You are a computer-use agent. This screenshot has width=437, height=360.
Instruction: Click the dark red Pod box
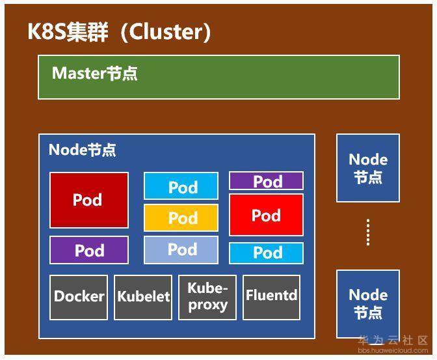[x=89, y=200]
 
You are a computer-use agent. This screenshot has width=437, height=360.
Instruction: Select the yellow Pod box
[x=181, y=218]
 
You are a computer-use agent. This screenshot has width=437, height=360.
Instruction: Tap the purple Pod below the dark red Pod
[x=89, y=250]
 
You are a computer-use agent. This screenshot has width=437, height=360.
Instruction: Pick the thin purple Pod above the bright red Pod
[x=266, y=181]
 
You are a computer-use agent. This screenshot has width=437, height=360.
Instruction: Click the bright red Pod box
[x=266, y=215]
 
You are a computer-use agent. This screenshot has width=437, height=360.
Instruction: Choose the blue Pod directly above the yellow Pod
[x=181, y=187]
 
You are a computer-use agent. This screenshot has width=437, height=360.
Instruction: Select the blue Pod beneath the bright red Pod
[x=266, y=253]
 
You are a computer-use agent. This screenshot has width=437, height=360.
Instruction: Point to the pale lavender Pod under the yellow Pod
[x=181, y=249]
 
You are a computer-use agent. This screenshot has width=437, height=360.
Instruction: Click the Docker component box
[x=79, y=297]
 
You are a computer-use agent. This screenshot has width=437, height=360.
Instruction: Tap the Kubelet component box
[x=143, y=297]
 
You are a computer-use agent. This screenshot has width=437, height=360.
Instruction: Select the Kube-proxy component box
[x=207, y=297]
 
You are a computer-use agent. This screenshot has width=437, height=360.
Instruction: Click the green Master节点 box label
[x=95, y=74]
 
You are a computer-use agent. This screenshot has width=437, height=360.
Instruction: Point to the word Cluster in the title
[x=170, y=32]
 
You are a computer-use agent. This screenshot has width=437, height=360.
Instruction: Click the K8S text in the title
[x=46, y=32]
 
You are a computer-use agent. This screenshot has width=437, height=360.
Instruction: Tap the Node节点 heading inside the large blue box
[x=83, y=150]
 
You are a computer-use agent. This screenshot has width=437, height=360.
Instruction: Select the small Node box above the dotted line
[x=367, y=168]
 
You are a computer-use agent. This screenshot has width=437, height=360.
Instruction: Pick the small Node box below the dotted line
[x=367, y=303]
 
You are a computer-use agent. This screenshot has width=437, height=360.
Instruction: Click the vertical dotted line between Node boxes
[x=368, y=232]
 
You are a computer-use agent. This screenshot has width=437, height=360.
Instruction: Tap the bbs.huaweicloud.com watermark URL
[x=393, y=350]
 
